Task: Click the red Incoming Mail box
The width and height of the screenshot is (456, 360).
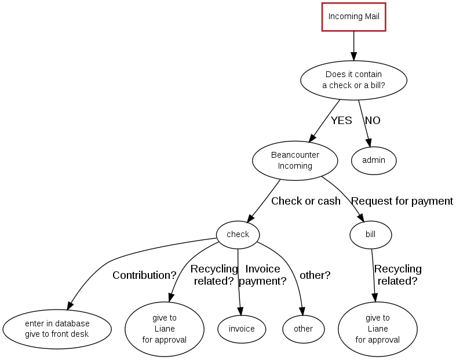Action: [353, 16]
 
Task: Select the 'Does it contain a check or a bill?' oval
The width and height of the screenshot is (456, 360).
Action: [353, 79]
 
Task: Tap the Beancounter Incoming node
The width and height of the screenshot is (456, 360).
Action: [295, 161]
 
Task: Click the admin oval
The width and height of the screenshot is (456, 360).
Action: [374, 160]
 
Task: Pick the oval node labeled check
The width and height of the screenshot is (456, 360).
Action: [238, 234]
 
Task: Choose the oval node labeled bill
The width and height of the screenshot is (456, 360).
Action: [371, 234]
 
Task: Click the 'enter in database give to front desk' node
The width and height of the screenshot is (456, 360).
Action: [57, 329]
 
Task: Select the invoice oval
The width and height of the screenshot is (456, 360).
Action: [242, 329]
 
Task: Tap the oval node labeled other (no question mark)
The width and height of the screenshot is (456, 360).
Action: [303, 329]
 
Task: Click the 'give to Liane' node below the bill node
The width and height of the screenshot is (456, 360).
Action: [378, 328]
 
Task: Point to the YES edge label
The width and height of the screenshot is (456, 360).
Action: [341, 121]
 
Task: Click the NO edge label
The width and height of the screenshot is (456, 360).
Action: [373, 121]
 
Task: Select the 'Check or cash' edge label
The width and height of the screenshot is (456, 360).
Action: [306, 201]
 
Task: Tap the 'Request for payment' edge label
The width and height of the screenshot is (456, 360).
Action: [402, 201]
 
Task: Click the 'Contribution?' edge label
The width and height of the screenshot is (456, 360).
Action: [144, 275]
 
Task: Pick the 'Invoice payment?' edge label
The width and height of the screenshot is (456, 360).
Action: [262, 275]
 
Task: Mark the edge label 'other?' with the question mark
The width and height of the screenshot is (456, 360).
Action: [315, 275]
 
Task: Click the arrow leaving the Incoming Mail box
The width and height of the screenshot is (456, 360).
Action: [353, 45]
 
